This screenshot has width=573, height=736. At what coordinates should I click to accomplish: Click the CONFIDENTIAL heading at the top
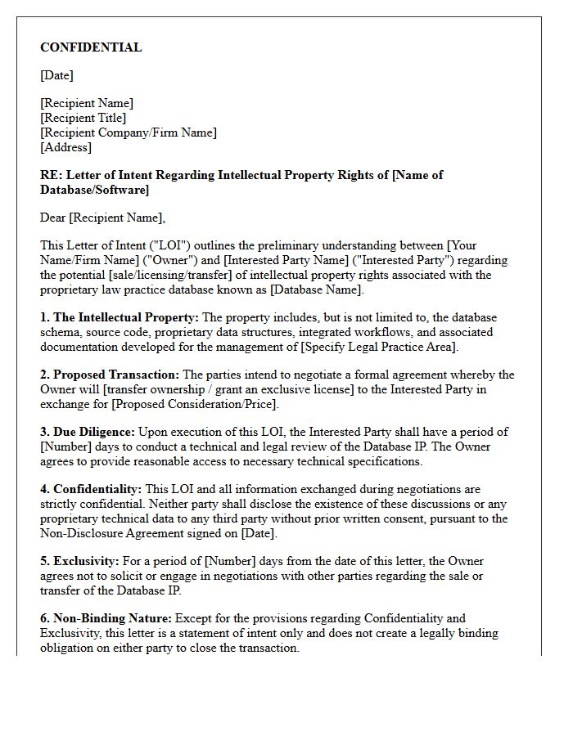click(91, 47)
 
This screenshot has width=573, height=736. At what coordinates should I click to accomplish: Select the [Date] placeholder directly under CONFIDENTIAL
click(56, 75)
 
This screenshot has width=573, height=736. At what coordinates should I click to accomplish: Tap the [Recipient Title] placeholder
click(83, 118)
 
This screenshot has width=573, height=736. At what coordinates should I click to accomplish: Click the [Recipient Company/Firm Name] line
click(129, 132)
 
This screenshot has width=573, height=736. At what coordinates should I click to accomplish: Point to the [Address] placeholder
click(65, 147)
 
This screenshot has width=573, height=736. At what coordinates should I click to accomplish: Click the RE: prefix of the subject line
click(51, 175)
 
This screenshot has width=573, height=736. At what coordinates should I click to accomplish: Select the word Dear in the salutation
click(53, 218)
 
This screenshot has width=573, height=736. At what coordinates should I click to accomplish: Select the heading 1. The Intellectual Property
click(120, 317)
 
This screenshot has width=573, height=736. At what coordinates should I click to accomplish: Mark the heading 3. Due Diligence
click(88, 432)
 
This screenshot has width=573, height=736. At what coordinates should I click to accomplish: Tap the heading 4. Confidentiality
click(91, 489)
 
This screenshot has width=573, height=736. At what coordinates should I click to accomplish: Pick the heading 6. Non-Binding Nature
click(106, 618)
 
